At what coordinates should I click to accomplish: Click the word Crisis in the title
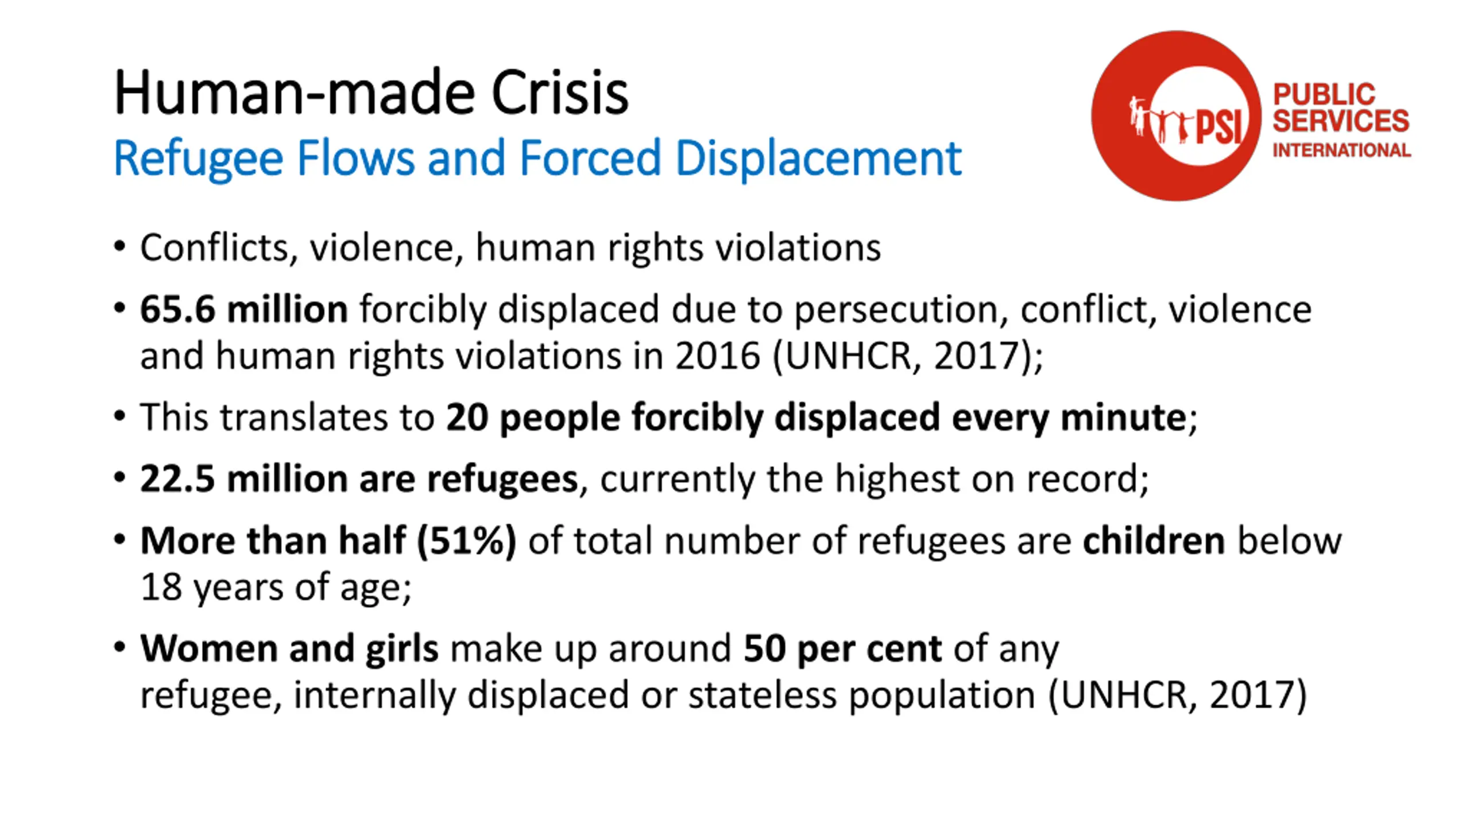pos(560,93)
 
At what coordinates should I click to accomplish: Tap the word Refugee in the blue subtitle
pos(198,158)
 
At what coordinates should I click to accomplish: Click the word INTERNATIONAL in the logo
pos(1341,150)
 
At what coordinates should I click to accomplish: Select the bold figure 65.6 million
pos(243,310)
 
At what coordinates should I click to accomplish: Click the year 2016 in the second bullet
pos(718,356)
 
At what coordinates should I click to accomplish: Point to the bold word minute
pos(1123,418)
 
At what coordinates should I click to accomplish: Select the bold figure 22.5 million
pos(243,479)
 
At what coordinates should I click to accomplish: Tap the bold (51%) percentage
pos(466,541)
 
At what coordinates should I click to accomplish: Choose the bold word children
pos(1154,541)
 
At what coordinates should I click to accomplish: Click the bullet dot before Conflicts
pos(119,247)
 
